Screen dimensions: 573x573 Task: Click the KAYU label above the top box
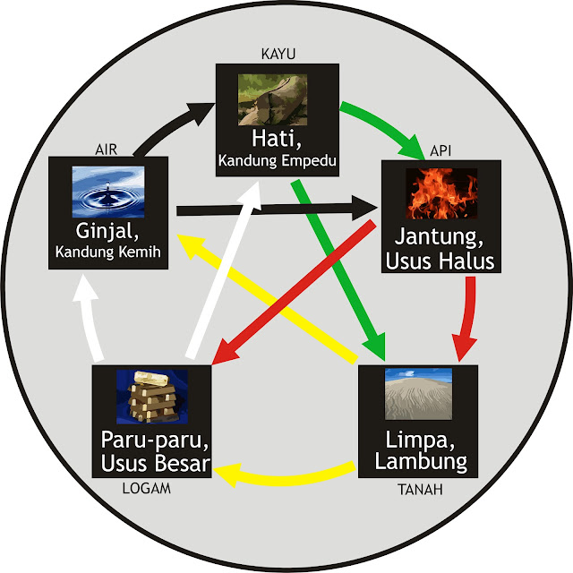coord(277,55)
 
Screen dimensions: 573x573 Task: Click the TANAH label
coord(420,490)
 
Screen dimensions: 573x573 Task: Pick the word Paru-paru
coord(154,441)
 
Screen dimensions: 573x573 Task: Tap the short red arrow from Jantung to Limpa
coord(466,319)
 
